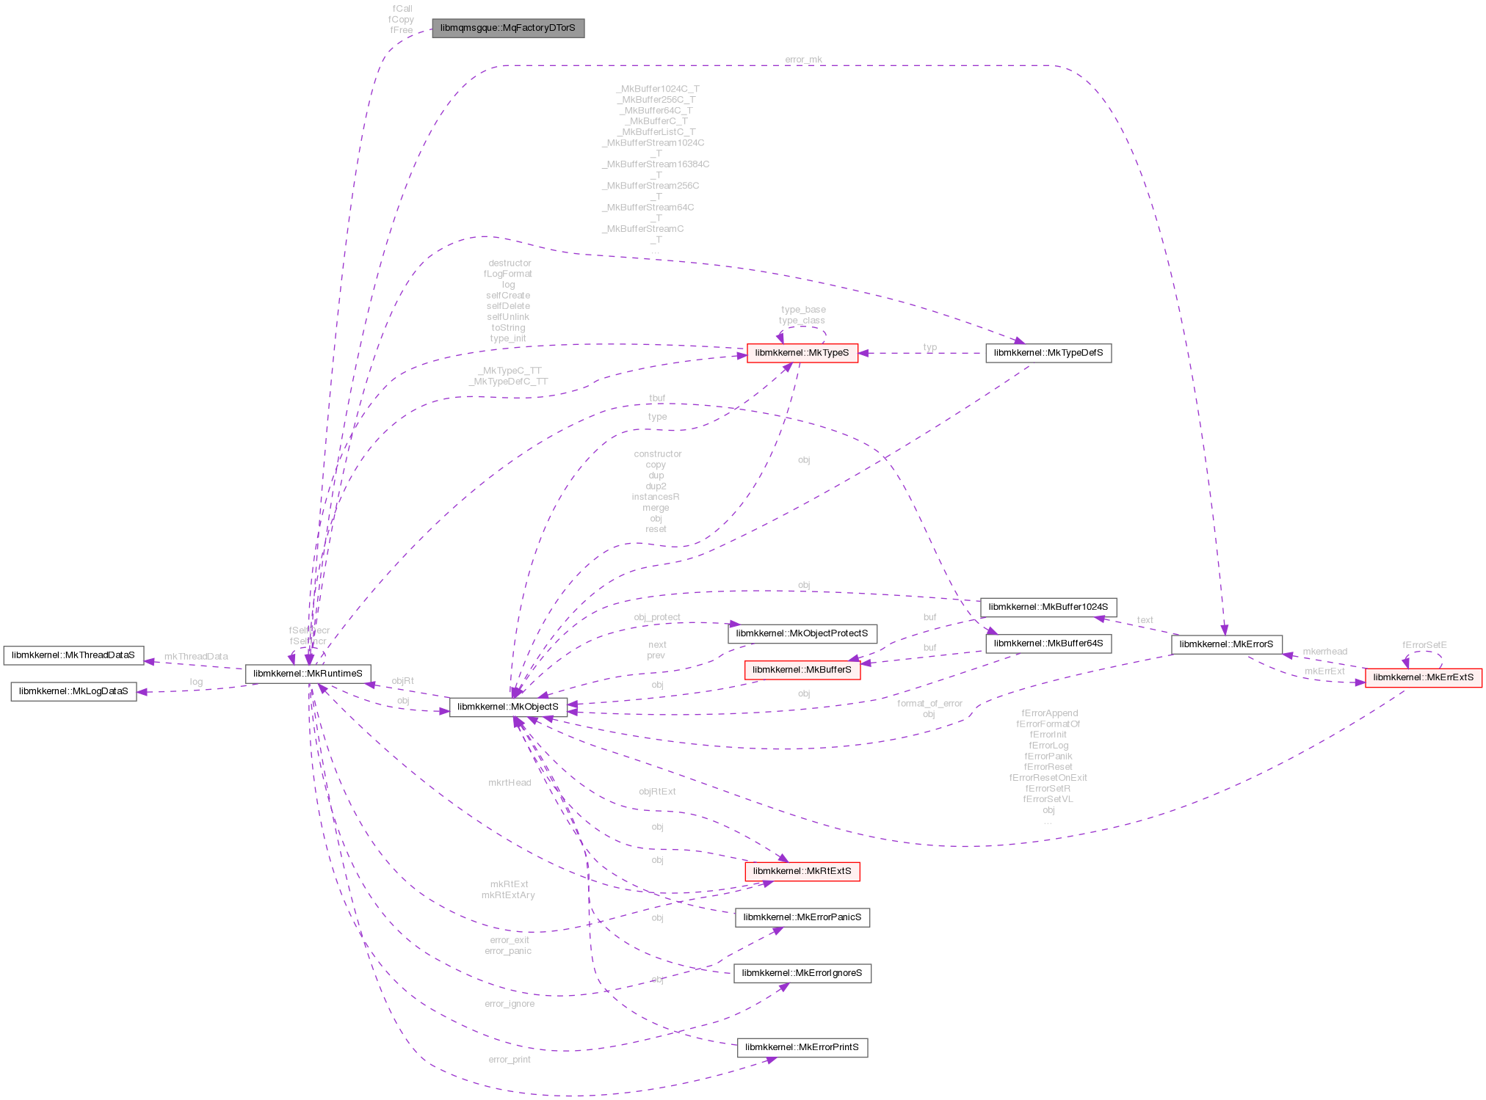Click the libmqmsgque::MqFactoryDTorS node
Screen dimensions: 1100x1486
(x=507, y=28)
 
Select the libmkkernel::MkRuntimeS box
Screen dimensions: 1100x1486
(x=308, y=673)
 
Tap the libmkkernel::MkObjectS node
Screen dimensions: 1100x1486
(x=508, y=707)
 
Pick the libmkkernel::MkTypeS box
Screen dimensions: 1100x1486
(x=802, y=353)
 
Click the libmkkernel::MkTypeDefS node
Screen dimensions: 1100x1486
(x=1048, y=353)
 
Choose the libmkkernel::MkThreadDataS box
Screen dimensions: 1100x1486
(x=73, y=655)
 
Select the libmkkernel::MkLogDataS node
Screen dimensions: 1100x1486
(x=73, y=691)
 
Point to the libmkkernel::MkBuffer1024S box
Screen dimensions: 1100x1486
(x=1048, y=607)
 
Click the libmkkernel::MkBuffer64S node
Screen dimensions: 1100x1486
(x=1048, y=644)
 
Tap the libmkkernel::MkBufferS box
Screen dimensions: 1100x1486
(x=802, y=670)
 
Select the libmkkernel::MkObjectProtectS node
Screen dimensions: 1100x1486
(x=802, y=633)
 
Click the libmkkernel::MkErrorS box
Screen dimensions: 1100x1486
(x=1226, y=644)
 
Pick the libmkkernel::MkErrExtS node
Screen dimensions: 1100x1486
(x=1423, y=677)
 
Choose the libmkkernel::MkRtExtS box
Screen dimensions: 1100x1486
(x=802, y=871)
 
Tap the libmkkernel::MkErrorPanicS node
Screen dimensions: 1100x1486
(x=802, y=917)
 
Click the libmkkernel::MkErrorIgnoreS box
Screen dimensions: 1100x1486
(x=802, y=973)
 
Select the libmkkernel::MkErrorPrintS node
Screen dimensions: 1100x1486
(x=802, y=1047)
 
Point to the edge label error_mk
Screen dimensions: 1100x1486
(x=803, y=60)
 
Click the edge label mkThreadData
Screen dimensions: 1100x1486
(x=195, y=657)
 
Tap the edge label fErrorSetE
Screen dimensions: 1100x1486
(x=1424, y=645)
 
